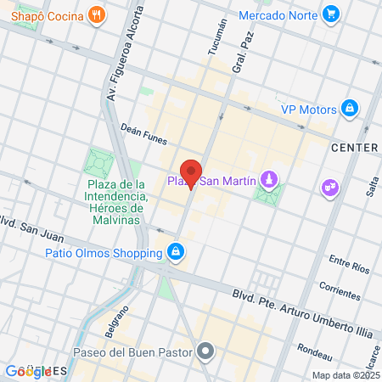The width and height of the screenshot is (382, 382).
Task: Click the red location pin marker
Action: click(x=191, y=173)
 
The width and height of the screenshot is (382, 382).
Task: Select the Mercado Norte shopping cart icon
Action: click(x=332, y=15)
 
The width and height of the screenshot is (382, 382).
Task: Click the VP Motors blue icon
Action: click(x=348, y=108)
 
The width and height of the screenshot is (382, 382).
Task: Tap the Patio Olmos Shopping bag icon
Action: click(x=175, y=252)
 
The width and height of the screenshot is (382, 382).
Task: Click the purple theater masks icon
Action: click(x=329, y=187)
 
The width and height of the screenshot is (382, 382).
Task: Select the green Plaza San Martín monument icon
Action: click(x=269, y=180)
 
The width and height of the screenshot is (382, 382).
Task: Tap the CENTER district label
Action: click(x=354, y=148)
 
